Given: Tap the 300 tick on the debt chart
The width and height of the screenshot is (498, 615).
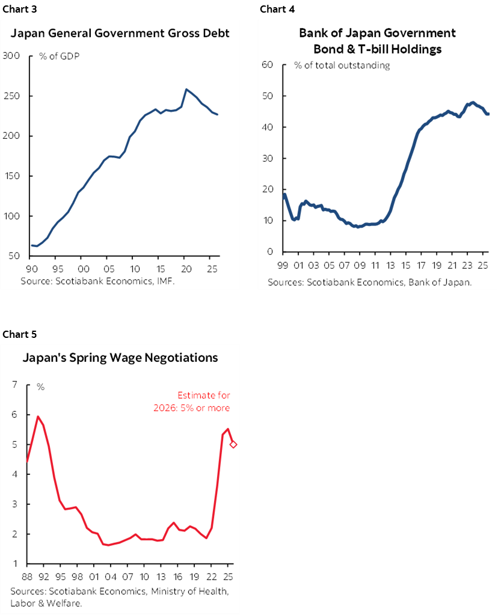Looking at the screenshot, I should (x=12, y=56).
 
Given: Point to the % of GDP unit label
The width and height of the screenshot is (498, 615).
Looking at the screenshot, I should (x=60, y=57).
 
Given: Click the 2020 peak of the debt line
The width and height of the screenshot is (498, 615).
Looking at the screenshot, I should (x=186, y=90).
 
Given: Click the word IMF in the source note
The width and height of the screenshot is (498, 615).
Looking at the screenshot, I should (x=165, y=281).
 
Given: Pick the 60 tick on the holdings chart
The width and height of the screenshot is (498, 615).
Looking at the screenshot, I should (x=268, y=65).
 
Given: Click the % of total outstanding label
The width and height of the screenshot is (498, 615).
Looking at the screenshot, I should (x=342, y=66).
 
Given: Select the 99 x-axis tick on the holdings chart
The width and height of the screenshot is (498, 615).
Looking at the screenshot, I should (x=283, y=264).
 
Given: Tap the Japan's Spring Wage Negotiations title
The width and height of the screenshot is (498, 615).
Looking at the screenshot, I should (x=120, y=358).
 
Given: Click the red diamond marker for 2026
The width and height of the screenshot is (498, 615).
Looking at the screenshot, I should (x=233, y=444).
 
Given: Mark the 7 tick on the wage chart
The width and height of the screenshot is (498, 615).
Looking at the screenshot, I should (x=14, y=385).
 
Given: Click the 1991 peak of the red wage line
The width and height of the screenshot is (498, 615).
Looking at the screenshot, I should (x=38, y=417).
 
